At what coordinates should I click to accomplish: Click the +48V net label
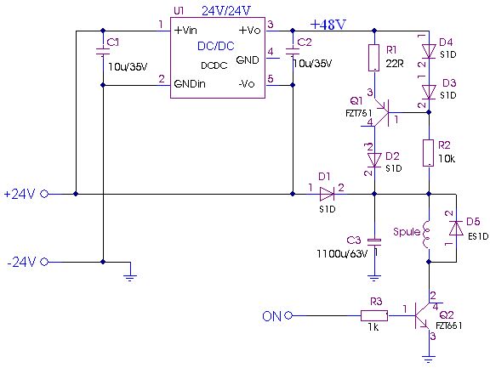pyautogui.click(x=328, y=25)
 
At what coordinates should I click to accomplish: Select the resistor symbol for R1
pyautogui.click(x=374, y=58)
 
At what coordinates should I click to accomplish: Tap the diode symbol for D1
pyautogui.click(x=328, y=194)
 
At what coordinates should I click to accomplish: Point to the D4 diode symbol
pyautogui.click(x=429, y=52)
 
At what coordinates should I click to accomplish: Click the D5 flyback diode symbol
pyautogui.click(x=456, y=228)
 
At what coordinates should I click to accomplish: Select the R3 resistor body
pyautogui.click(x=374, y=316)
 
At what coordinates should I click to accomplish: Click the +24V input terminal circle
pyautogui.click(x=44, y=194)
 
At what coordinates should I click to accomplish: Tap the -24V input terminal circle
pyautogui.click(x=44, y=262)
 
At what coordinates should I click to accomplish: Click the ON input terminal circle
pyautogui.click(x=288, y=315)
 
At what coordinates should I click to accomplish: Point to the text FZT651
pyautogui.click(x=449, y=326)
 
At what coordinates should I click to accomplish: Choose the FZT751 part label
pyautogui.click(x=359, y=114)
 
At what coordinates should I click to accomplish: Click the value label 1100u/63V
pyautogui.click(x=342, y=254)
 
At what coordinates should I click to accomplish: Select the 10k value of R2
pyautogui.click(x=447, y=159)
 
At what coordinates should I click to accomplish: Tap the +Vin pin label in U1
pyautogui.click(x=185, y=31)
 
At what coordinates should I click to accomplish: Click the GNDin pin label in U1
pyautogui.click(x=190, y=84)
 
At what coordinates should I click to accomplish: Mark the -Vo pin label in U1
pyautogui.click(x=247, y=84)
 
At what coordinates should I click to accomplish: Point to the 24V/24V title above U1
pyautogui.click(x=226, y=11)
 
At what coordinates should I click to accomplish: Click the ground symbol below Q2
pyautogui.click(x=429, y=359)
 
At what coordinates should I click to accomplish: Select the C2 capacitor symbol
pyautogui.click(x=293, y=51)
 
